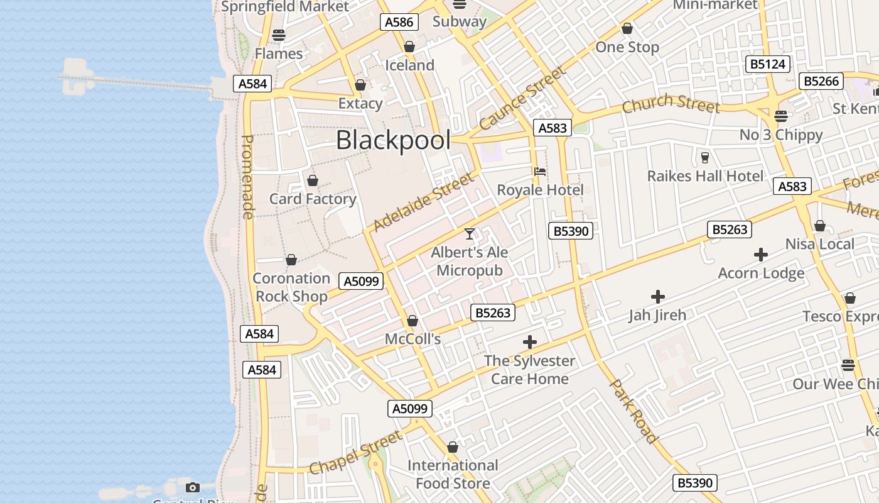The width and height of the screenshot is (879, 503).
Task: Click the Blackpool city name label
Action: coord(393,140)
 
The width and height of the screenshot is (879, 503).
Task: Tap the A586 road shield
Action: coord(399,22)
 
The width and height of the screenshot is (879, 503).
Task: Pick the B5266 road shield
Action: coord(821,81)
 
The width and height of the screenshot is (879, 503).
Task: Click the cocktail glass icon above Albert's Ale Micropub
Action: coord(470,234)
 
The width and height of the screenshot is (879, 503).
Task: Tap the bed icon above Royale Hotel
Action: coord(540,171)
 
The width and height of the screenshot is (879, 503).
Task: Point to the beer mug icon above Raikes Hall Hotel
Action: coord(704,157)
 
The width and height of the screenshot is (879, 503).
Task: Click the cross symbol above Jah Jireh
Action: coord(657,296)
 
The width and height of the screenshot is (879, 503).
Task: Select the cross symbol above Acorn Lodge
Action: coord(761,255)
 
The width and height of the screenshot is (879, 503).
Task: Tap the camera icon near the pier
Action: coord(193,487)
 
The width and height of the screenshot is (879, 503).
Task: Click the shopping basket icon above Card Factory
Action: coord(313,181)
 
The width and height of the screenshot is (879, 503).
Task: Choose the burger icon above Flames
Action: coord(279,35)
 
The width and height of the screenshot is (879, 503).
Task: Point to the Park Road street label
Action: coord(634,411)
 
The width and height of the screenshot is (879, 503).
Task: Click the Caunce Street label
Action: coord(522,99)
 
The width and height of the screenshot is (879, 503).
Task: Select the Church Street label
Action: coord(671,104)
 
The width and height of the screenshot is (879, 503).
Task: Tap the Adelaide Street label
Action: coord(424,202)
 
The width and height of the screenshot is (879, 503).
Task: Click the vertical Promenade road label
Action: coord(247,177)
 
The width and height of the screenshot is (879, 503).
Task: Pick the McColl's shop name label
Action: coord(413,340)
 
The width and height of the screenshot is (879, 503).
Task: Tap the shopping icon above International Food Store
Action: coord(453,448)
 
